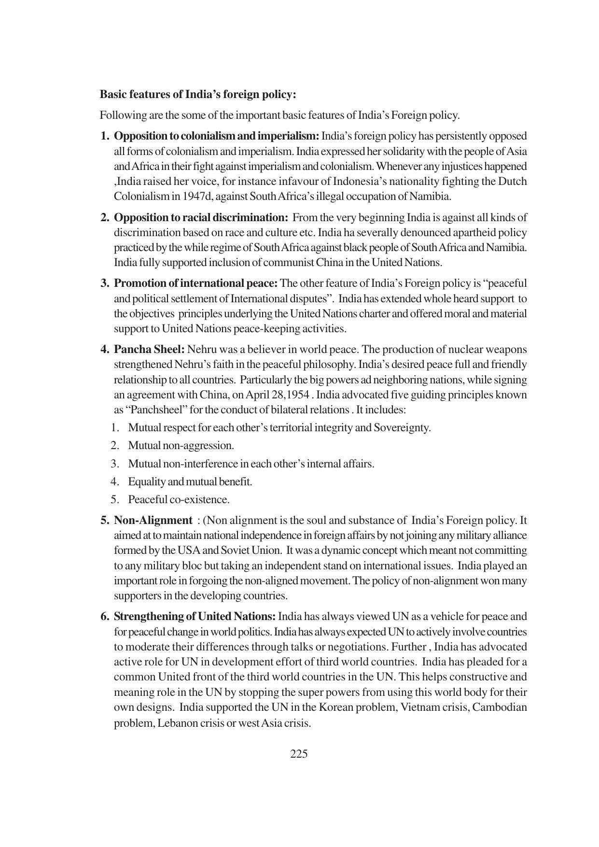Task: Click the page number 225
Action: tap(299, 754)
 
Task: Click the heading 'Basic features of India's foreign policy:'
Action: tap(197, 94)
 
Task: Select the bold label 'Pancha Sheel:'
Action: tap(149, 349)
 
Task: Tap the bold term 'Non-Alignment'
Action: tap(153, 520)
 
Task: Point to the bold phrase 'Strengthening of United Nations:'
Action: tap(195, 616)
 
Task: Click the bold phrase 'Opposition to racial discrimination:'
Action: tap(201, 217)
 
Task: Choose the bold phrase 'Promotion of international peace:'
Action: tap(195, 283)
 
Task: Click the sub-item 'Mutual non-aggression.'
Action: tap(181, 445)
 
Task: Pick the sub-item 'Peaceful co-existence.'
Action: tap(179, 499)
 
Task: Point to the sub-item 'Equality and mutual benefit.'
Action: tap(190, 481)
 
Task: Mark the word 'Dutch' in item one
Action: tap(512, 182)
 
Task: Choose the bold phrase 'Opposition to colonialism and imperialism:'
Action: tap(216, 136)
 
